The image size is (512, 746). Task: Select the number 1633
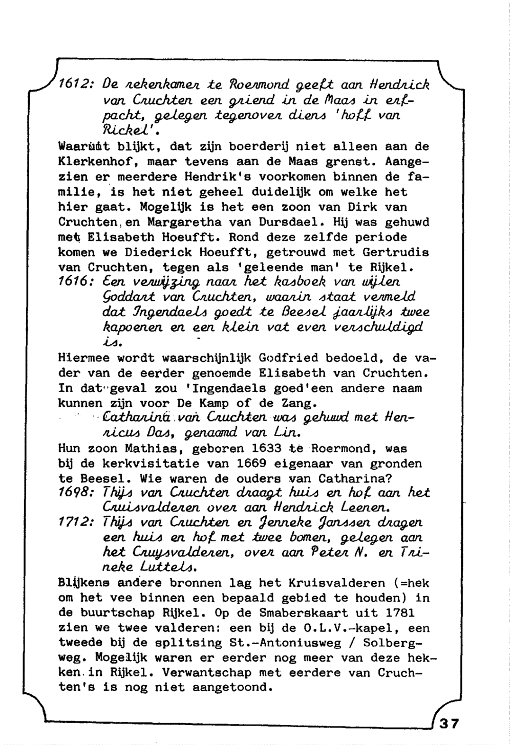pyautogui.click(x=267, y=449)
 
